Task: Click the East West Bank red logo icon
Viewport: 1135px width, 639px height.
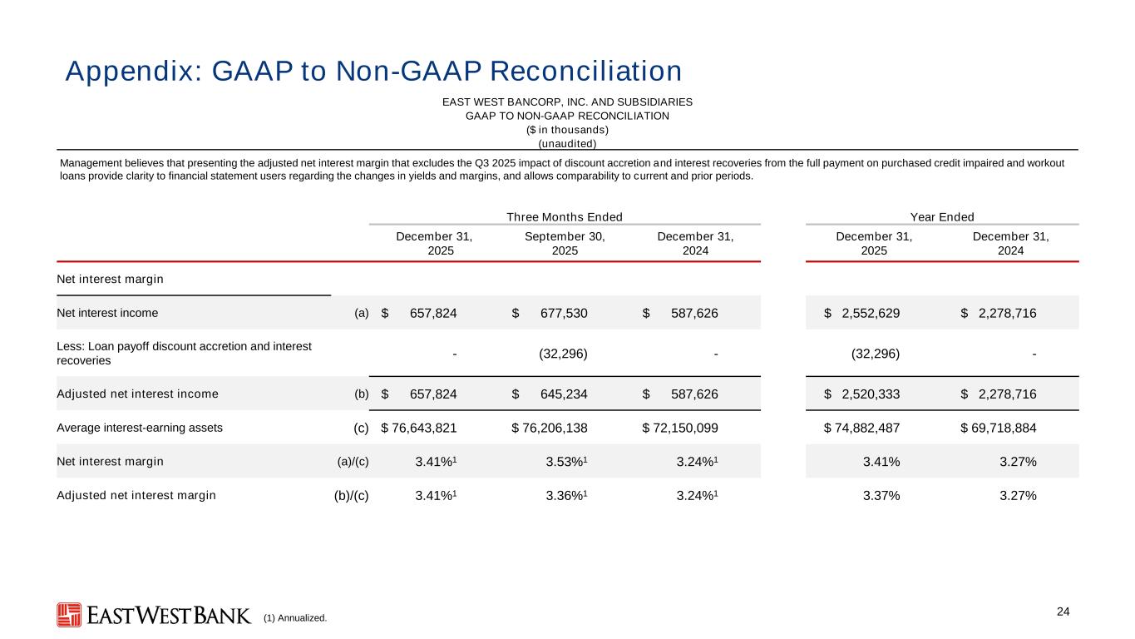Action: (x=69, y=615)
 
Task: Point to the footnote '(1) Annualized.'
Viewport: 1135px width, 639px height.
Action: (x=295, y=618)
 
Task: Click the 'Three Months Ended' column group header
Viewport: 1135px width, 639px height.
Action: (x=565, y=217)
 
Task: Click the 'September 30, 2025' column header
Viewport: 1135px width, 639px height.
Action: (x=565, y=243)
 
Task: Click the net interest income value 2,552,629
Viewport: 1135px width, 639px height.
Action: (x=871, y=313)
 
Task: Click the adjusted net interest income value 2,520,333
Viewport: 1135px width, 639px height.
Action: (x=871, y=394)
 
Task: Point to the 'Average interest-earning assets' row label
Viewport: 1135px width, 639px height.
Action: (x=140, y=428)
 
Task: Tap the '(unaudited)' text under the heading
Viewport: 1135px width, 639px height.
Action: (x=567, y=143)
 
